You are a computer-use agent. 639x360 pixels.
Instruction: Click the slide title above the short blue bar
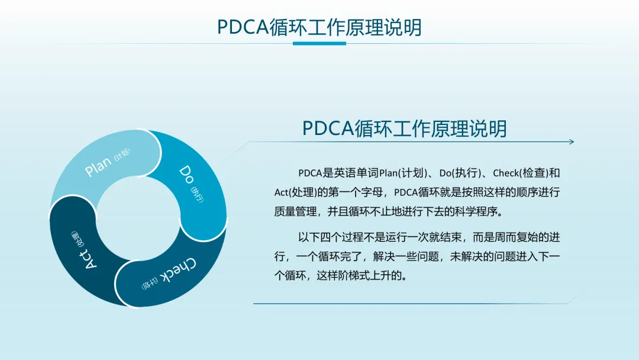click(x=319, y=27)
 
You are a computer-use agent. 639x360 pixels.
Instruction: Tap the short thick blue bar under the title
click(x=319, y=43)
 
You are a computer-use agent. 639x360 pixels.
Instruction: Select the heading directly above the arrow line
click(x=404, y=128)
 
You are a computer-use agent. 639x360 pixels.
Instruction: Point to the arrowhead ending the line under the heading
click(x=572, y=142)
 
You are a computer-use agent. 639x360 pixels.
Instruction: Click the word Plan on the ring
click(x=98, y=166)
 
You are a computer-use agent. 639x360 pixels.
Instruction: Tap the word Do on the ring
click(x=186, y=175)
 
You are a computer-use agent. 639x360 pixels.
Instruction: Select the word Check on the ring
click(x=178, y=271)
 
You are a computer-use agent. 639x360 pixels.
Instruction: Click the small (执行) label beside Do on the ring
click(x=197, y=195)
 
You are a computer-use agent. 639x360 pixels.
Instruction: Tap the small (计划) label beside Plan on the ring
click(x=122, y=155)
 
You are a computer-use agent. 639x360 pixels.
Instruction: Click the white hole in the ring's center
click(x=138, y=218)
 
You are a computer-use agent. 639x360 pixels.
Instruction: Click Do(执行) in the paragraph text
click(x=460, y=173)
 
